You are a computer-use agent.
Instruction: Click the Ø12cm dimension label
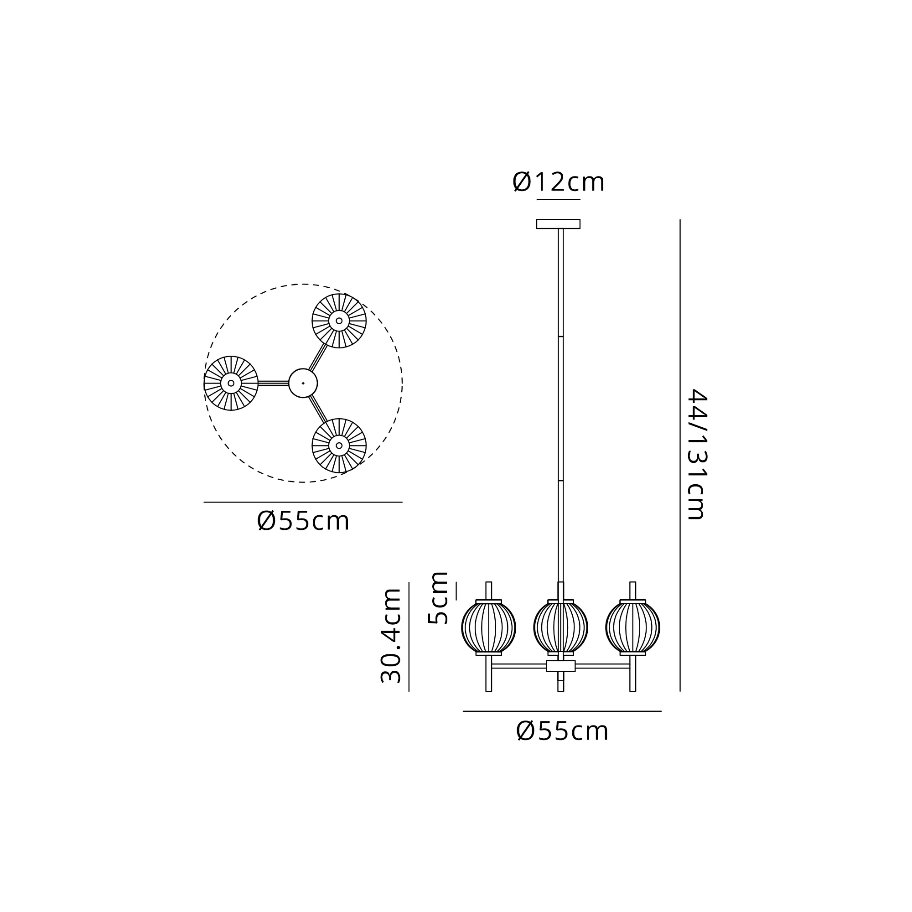(x=558, y=182)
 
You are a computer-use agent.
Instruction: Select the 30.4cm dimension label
(x=391, y=636)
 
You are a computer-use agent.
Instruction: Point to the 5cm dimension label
(x=438, y=598)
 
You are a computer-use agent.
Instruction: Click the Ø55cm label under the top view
(x=303, y=522)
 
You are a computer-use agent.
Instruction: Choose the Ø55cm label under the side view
(x=562, y=731)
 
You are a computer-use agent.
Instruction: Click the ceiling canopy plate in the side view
(x=558, y=224)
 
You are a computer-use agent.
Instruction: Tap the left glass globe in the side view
(x=488, y=627)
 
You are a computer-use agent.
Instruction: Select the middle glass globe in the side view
(x=561, y=627)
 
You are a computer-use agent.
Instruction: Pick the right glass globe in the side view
(x=632, y=627)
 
